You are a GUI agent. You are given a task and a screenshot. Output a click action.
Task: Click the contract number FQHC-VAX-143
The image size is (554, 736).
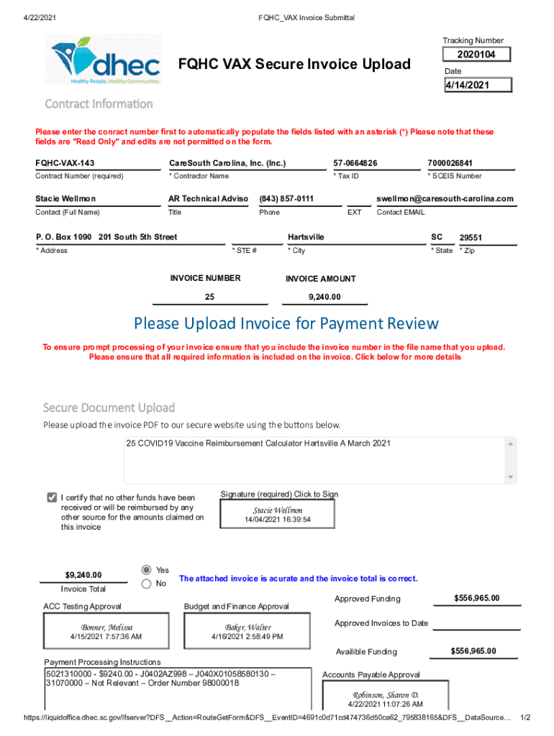pyautogui.click(x=65, y=163)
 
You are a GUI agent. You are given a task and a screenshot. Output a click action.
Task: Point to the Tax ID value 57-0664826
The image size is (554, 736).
pyautogui.click(x=355, y=163)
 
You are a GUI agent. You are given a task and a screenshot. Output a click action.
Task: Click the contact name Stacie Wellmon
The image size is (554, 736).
pyautogui.click(x=65, y=199)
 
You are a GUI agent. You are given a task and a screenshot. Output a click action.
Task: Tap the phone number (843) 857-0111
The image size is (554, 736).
pyautogui.click(x=286, y=199)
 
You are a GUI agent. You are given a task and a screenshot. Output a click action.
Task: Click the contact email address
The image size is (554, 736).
pyautogui.click(x=445, y=199)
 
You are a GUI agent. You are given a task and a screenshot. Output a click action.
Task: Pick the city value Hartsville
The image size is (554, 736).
pyautogui.click(x=306, y=237)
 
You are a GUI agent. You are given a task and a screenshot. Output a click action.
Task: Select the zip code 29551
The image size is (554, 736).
pyautogui.click(x=471, y=238)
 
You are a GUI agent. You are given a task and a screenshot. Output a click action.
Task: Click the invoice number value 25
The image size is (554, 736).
pyautogui.click(x=209, y=297)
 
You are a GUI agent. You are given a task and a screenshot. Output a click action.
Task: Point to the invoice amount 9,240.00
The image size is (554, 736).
pyautogui.click(x=324, y=297)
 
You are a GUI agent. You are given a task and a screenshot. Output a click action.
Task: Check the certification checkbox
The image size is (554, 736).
pyautogui.click(x=52, y=497)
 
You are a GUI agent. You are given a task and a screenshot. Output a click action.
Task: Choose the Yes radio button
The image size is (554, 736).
pyautogui.click(x=147, y=569)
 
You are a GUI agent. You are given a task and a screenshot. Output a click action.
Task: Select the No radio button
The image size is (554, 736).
pyautogui.click(x=147, y=584)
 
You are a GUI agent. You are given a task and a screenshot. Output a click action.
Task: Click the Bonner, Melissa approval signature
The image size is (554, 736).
pyautogui.click(x=106, y=631)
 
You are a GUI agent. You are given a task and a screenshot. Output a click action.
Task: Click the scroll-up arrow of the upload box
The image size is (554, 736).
pyautogui.click(x=511, y=443)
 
